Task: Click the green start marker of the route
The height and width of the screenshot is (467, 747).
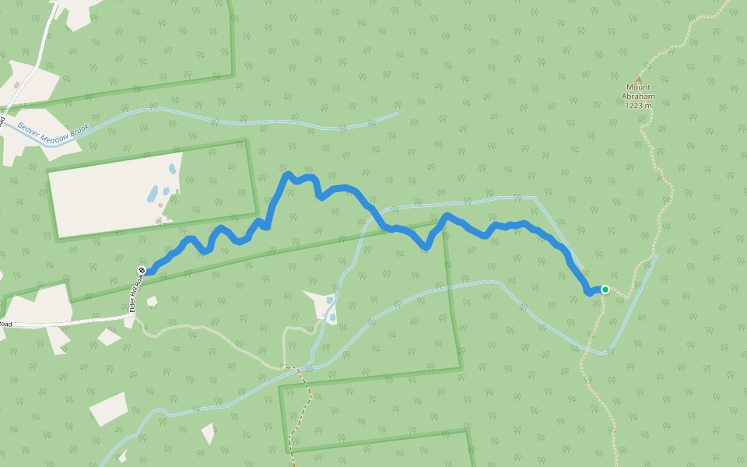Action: tap(605, 290)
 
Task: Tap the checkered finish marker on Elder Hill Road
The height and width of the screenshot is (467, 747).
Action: tap(142, 270)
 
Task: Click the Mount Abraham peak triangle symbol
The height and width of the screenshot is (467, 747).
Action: tap(639, 79)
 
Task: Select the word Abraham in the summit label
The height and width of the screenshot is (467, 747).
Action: tap(638, 97)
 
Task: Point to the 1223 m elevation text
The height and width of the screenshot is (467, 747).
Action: tap(638, 105)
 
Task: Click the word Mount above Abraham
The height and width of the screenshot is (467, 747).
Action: tap(638, 87)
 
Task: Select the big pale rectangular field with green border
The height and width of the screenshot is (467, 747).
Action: tap(113, 195)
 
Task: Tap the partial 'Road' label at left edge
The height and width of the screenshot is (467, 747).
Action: tap(6, 324)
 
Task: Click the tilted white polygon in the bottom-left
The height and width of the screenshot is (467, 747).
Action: tap(108, 409)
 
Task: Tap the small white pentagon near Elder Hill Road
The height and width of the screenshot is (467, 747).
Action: tap(152, 301)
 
